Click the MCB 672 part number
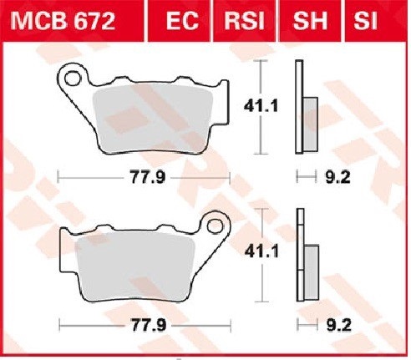pyautogui.click(x=63, y=21)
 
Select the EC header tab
pyautogui.click(x=182, y=21)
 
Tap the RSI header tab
pyautogui.click(x=244, y=21)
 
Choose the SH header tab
pyautogui.click(x=310, y=21)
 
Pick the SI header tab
pyautogui.click(x=365, y=21)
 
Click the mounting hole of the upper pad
pyautogui.click(x=72, y=79)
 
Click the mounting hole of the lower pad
pyautogui.click(x=215, y=226)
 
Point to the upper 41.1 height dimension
pyautogui.click(x=261, y=106)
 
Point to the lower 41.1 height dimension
pyautogui.click(x=261, y=252)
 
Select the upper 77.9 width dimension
pyautogui.click(x=148, y=177)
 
